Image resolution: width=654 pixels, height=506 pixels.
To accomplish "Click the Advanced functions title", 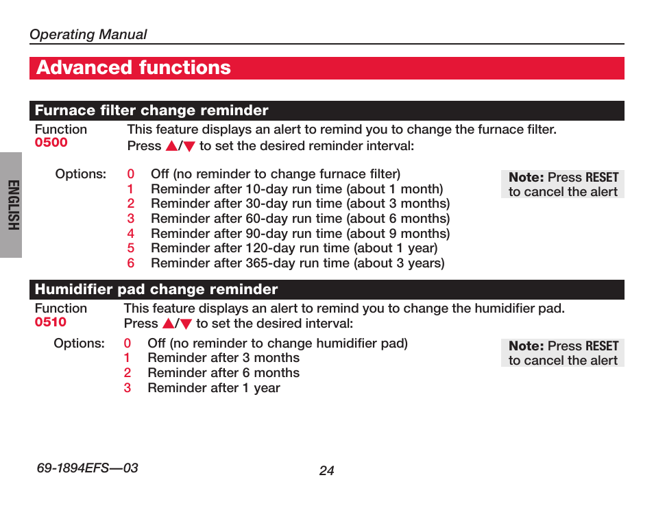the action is (134, 68).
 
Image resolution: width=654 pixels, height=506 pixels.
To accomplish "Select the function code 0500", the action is (51, 142).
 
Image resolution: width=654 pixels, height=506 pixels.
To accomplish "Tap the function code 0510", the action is (51, 322).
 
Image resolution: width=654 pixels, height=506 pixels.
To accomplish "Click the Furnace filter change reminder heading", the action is (152, 110).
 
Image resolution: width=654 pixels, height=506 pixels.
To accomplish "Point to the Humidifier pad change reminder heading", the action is (156, 289).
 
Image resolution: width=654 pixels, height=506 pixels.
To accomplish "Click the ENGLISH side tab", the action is (13, 205).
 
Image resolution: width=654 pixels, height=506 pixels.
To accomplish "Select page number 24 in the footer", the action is (326, 470).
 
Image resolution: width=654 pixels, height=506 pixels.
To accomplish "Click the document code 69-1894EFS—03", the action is (87, 468).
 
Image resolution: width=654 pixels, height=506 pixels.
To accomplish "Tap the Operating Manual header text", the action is (88, 34).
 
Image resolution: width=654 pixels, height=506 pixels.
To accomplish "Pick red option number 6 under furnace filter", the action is (130, 263).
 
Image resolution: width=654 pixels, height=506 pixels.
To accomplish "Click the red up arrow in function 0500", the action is (171, 146).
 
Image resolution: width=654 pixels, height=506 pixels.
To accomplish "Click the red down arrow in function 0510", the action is (186, 324).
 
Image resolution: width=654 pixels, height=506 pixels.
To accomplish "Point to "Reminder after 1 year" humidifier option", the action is (214, 388).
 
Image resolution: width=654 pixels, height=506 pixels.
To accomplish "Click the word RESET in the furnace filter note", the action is (602, 178).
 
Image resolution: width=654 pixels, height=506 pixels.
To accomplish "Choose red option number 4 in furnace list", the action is (130, 234).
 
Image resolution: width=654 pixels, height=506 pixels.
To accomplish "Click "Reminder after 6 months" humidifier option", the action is (223, 373).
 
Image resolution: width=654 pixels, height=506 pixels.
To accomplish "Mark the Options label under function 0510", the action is (80, 344).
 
